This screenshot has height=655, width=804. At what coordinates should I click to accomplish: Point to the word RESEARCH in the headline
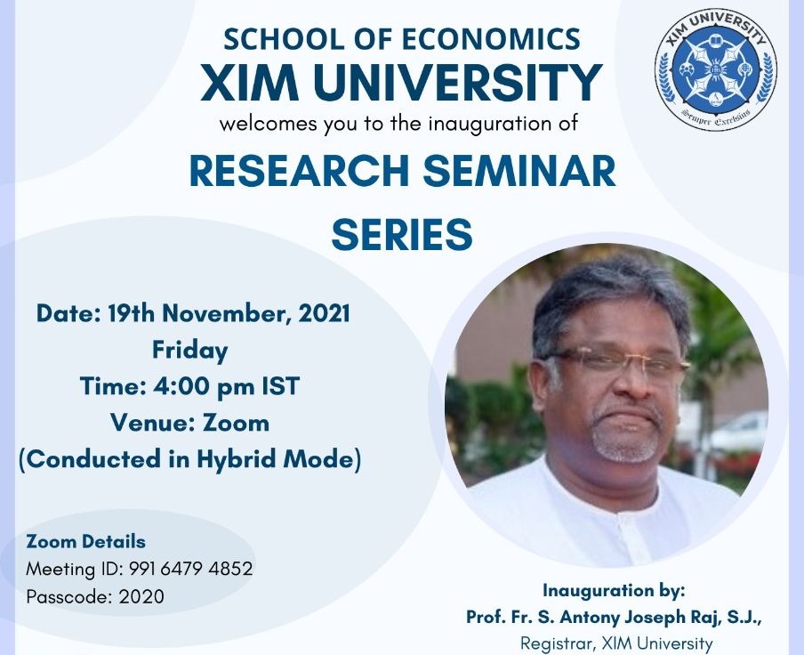pyautogui.click(x=300, y=172)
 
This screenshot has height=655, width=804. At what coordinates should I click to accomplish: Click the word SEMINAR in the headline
pyautogui.click(x=519, y=172)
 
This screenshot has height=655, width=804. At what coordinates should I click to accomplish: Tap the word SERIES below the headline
pyautogui.click(x=402, y=234)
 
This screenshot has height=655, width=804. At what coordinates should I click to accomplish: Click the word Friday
pyautogui.click(x=190, y=351)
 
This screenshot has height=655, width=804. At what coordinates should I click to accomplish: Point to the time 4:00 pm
pyautogui.click(x=204, y=387)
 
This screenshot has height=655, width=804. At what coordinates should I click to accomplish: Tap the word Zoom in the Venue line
pyautogui.click(x=236, y=423)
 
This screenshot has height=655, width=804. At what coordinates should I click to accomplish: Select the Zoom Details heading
pyautogui.click(x=85, y=542)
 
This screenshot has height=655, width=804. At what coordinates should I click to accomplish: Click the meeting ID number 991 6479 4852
pyautogui.click(x=190, y=569)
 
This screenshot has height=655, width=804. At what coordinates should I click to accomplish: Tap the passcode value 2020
pyautogui.click(x=141, y=596)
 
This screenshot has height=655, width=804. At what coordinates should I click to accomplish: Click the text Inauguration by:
pyautogui.click(x=614, y=591)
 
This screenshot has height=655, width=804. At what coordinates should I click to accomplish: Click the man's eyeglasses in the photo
pyautogui.click(x=618, y=360)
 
